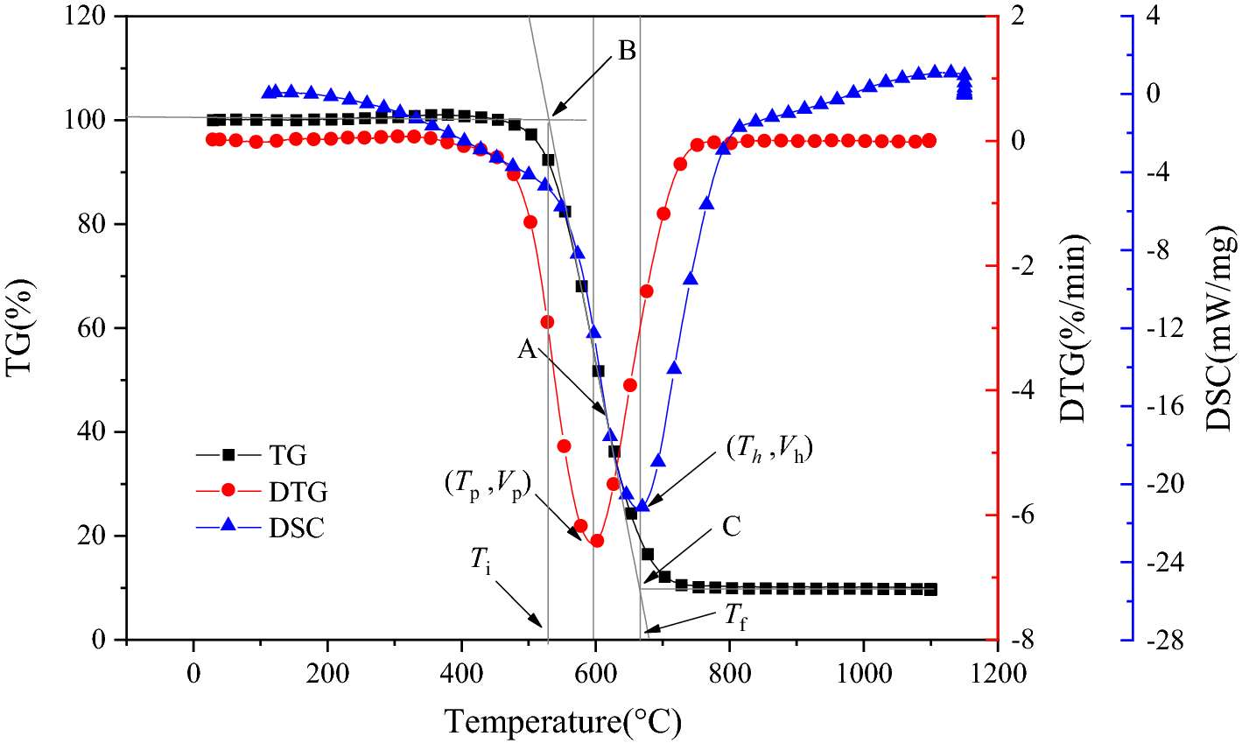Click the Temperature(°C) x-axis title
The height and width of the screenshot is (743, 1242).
coord(563,722)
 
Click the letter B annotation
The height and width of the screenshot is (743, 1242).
coord(627,51)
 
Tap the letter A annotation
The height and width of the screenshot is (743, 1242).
coord(526,349)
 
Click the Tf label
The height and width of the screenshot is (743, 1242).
coord(735,617)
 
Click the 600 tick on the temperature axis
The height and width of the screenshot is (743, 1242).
coord(595,673)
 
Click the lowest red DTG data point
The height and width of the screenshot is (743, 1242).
coord(598,541)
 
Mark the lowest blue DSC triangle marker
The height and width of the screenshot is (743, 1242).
coord(642,505)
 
